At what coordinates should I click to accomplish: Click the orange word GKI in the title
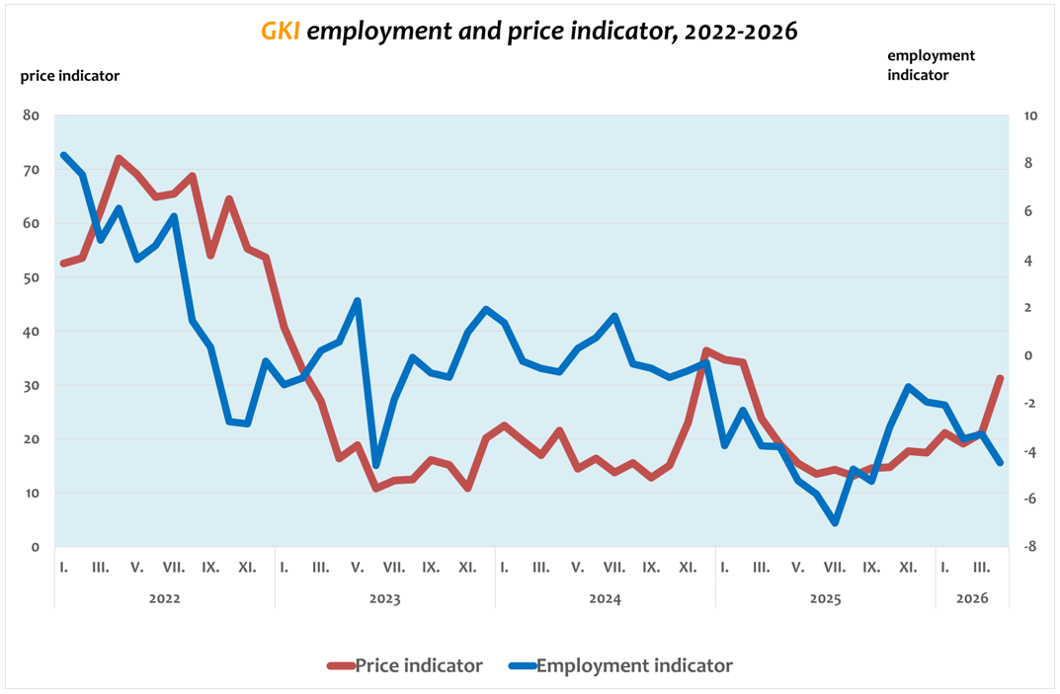(281, 32)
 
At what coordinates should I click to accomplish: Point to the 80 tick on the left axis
(31, 116)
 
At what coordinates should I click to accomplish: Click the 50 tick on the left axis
(31, 277)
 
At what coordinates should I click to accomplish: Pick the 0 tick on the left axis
(36, 547)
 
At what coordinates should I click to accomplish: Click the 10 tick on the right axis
(1030, 116)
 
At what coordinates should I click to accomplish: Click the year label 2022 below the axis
(164, 598)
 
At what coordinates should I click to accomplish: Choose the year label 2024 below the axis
(605, 598)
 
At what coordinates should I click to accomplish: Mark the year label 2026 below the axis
(971, 598)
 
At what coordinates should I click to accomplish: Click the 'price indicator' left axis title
(70, 75)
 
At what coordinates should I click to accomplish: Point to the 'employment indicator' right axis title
(931, 65)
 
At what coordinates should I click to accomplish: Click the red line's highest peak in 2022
(119, 158)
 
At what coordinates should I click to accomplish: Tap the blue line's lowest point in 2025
(836, 522)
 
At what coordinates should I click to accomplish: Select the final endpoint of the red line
(1000, 378)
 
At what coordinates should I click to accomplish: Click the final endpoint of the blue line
(1000, 462)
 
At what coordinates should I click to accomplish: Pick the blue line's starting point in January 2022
(63, 155)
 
